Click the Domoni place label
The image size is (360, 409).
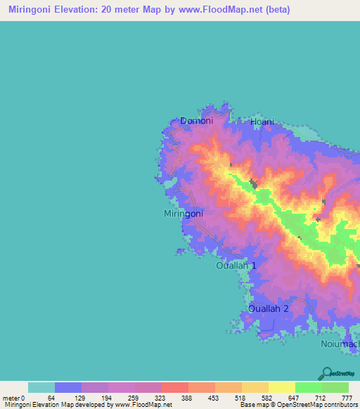196,121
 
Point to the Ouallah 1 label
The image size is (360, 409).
236,266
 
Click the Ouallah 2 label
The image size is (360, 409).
269,309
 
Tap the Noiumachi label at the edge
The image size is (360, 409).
341,344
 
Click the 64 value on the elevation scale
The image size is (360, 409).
51,398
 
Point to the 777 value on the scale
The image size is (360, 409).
347,398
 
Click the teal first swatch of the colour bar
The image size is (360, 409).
41,387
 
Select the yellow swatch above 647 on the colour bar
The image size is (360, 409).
282,387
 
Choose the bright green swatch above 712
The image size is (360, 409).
309,387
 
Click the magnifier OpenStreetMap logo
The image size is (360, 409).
326,374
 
